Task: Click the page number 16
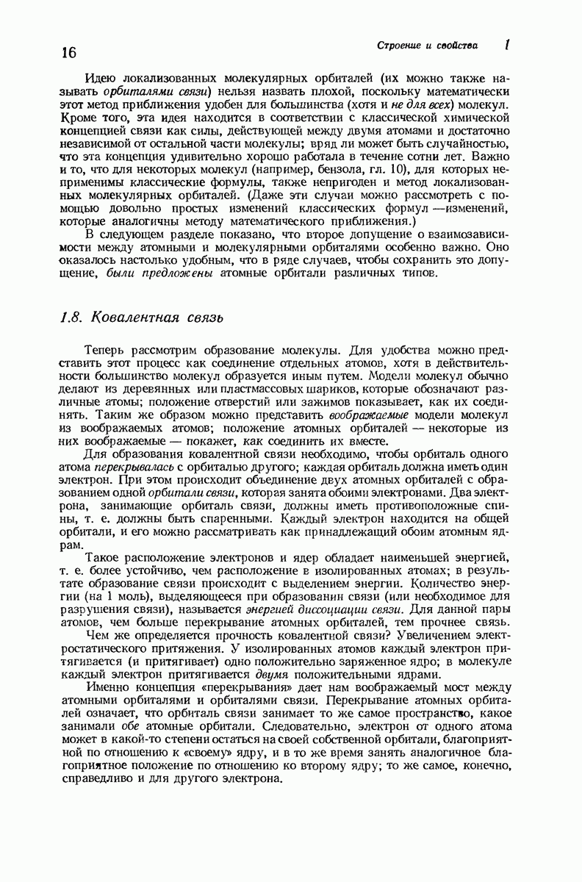68,52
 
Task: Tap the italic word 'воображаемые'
367,415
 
